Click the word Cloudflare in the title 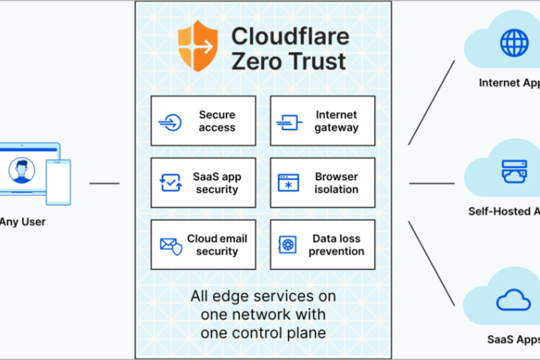click(280, 36)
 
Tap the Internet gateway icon click(289, 121)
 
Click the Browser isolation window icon click(289, 183)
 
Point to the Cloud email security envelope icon click(170, 245)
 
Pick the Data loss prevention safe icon click(289, 245)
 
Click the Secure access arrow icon click(170, 121)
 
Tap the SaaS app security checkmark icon click(170, 183)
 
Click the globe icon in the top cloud click(514, 43)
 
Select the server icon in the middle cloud click(514, 172)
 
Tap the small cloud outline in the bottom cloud click(514, 301)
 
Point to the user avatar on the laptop click(22, 172)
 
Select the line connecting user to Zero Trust click(104, 183)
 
